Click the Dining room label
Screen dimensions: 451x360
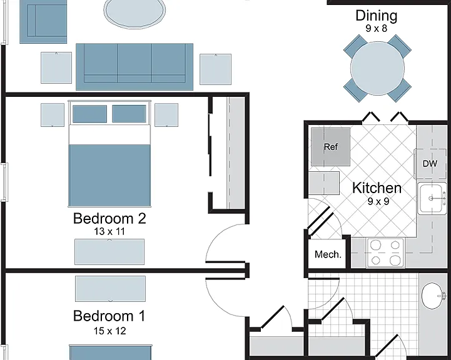[376, 16]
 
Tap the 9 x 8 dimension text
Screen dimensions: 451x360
[376, 29]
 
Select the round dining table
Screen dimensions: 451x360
[377, 68]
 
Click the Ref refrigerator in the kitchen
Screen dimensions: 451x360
[330, 147]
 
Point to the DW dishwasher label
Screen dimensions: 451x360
[430, 164]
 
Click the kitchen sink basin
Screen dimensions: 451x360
[430, 198]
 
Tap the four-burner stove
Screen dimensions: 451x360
[385, 253]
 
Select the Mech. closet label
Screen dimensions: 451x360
[328, 254]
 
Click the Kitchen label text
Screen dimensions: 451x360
[377, 188]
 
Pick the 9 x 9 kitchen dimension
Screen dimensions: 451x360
[378, 201]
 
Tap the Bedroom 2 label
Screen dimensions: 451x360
[109, 218]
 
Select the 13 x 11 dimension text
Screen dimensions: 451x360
[109, 231]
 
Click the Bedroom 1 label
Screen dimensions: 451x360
[109, 316]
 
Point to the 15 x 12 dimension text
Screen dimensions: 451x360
[109, 331]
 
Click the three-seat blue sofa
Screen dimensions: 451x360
[134, 67]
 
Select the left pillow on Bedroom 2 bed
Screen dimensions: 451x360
[89, 114]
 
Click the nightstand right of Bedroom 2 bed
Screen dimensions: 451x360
[166, 115]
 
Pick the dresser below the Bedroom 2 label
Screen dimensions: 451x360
[109, 252]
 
